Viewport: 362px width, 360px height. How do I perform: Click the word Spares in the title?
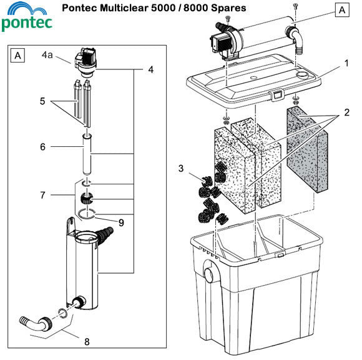[228, 8]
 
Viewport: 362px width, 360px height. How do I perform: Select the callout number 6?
[42, 147]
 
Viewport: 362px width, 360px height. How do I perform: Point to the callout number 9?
[121, 221]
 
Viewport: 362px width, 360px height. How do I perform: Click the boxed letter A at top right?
[341, 10]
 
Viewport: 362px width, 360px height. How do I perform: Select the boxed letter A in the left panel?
[18, 56]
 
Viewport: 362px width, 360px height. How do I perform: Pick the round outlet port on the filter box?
[208, 273]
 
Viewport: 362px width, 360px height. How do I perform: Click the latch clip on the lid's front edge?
[273, 96]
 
